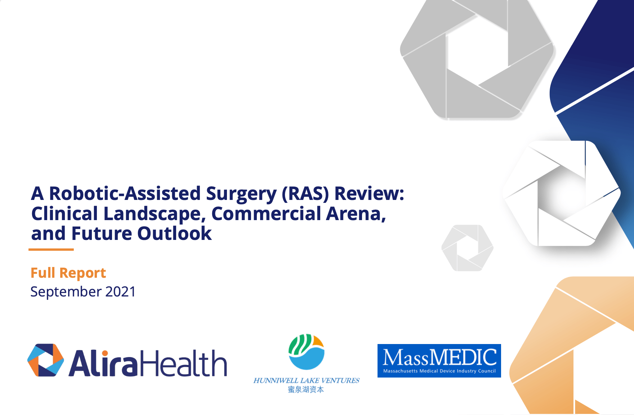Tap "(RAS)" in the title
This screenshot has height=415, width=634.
(305, 193)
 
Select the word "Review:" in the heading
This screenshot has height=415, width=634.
(370, 193)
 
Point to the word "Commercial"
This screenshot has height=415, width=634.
(266, 214)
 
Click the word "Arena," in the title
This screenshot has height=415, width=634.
(356, 214)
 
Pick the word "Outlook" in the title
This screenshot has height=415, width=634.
(175, 233)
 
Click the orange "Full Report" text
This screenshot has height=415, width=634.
(68, 273)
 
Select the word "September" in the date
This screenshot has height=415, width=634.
(66, 292)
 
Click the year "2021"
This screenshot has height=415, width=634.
(120, 292)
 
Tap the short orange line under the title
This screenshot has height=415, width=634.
(51, 249)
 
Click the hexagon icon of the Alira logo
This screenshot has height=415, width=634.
(46, 360)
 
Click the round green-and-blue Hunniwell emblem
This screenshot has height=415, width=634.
(307, 352)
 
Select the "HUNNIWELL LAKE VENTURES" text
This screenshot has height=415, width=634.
(307, 380)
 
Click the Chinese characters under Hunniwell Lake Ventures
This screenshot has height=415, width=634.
(306, 389)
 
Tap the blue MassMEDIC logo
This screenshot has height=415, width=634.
(439, 361)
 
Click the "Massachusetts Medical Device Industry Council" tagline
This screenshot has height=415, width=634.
(439, 371)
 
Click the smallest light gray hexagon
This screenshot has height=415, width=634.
(468, 248)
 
